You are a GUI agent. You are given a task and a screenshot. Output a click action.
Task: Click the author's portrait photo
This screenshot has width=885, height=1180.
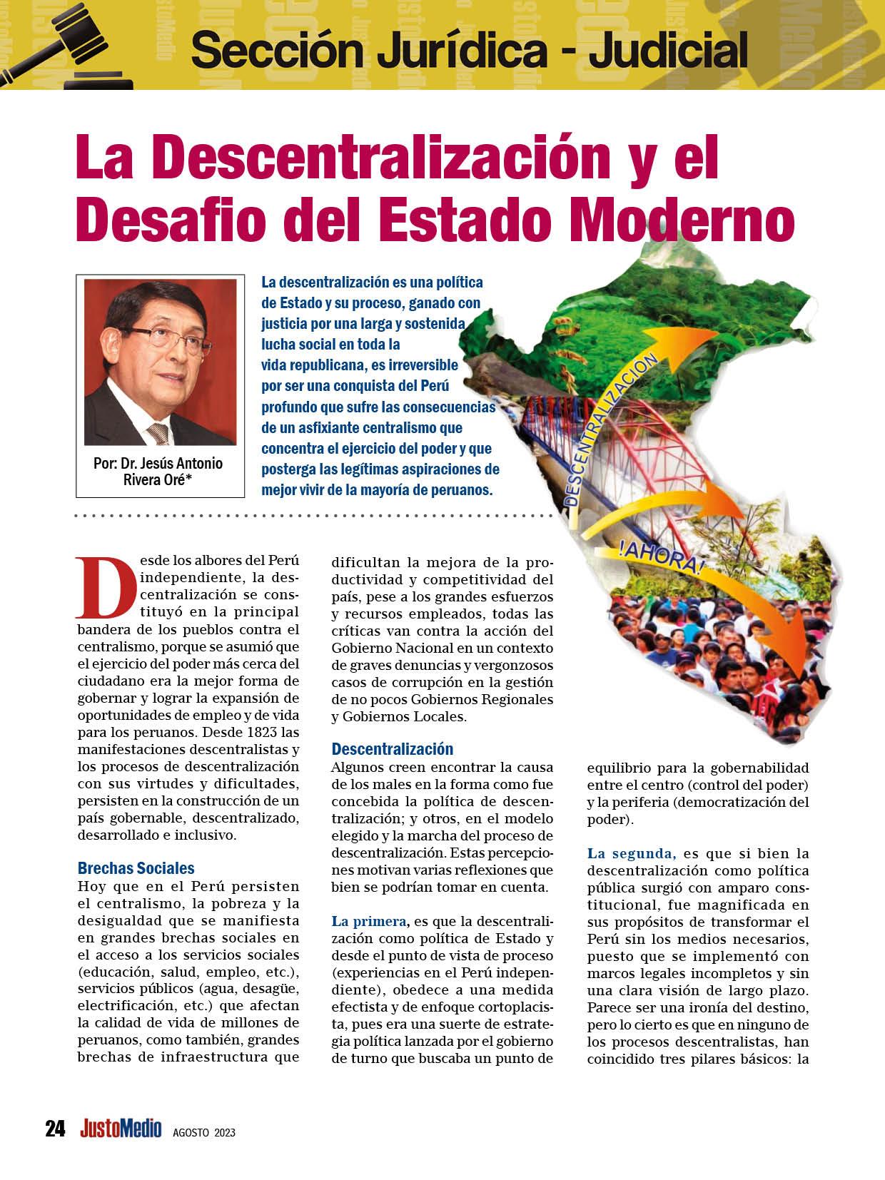click(x=160, y=362)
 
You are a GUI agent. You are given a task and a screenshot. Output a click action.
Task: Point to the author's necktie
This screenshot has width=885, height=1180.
click(x=158, y=432)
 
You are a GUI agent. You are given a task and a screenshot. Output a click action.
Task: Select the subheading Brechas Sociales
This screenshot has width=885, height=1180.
click(x=136, y=868)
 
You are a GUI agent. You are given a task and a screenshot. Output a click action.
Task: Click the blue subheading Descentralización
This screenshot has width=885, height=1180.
click(x=393, y=749)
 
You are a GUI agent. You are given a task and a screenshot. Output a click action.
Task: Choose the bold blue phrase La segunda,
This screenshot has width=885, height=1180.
click(x=631, y=853)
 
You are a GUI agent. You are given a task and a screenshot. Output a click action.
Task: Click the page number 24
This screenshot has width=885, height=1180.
click(x=55, y=1129)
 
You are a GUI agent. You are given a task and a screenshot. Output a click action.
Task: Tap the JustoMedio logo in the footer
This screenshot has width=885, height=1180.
click(x=121, y=1129)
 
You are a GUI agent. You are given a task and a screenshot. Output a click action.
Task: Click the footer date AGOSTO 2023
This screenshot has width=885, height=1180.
click(x=204, y=1132)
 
